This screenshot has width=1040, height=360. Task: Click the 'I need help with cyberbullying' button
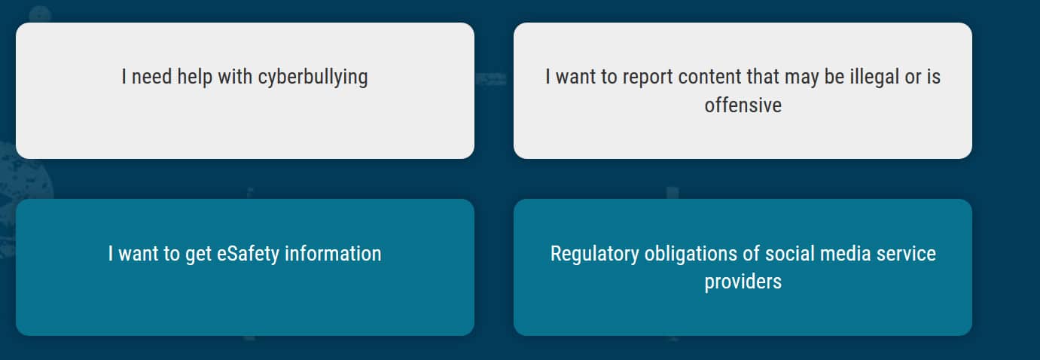(x=246, y=90)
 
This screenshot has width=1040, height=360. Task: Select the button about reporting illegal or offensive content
(x=743, y=90)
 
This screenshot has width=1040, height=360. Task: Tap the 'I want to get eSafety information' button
(x=246, y=267)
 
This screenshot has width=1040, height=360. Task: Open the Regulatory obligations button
(x=743, y=267)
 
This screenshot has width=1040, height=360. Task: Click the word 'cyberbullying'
(x=313, y=78)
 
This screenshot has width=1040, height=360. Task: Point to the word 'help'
(x=194, y=77)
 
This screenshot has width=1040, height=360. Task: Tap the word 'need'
(x=152, y=77)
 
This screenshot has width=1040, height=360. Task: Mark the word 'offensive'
(x=743, y=105)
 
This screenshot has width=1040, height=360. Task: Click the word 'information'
(x=333, y=254)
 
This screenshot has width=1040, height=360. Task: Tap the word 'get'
(x=198, y=255)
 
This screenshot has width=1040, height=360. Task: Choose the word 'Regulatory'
(x=595, y=254)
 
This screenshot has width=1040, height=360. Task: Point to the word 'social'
(x=789, y=254)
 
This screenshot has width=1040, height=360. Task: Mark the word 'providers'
(x=743, y=282)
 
